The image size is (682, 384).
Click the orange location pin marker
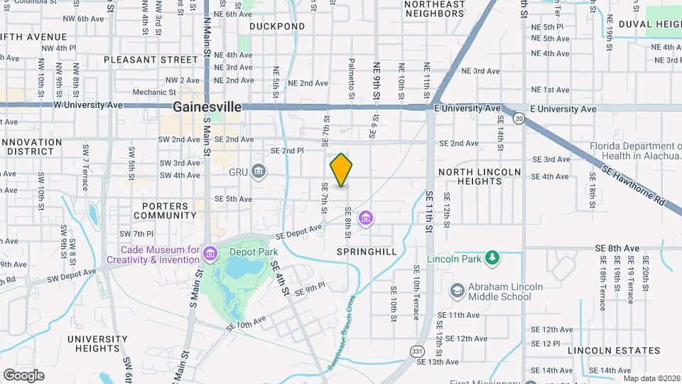point(342,170)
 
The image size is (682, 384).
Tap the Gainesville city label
point(207,107)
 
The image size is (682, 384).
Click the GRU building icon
point(259,171)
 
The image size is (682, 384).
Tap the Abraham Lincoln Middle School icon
point(457,291)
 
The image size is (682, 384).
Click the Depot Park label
point(254,252)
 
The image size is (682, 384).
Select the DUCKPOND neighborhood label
point(277,26)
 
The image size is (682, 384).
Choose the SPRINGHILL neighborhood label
point(367,252)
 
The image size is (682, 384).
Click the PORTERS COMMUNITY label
point(161,210)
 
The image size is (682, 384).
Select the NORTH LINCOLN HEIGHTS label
point(470,176)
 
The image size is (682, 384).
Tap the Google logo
point(23,375)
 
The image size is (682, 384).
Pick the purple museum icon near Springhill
point(366,217)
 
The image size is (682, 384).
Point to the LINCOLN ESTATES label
point(615,351)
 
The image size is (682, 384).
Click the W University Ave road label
point(88,105)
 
